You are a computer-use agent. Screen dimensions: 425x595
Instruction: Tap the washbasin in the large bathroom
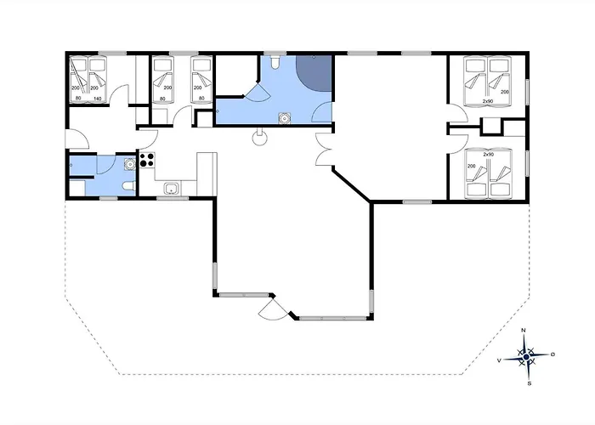click(x=284, y=118)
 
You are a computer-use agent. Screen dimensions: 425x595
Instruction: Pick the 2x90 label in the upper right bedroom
click(x=488, y=101)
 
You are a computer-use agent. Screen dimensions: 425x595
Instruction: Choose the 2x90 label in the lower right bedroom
click(x=488, y=155)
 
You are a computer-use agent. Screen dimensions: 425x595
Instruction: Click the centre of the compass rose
click(x=526, y=356)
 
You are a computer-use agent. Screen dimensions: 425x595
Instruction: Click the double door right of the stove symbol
click(x=323, y=150)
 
